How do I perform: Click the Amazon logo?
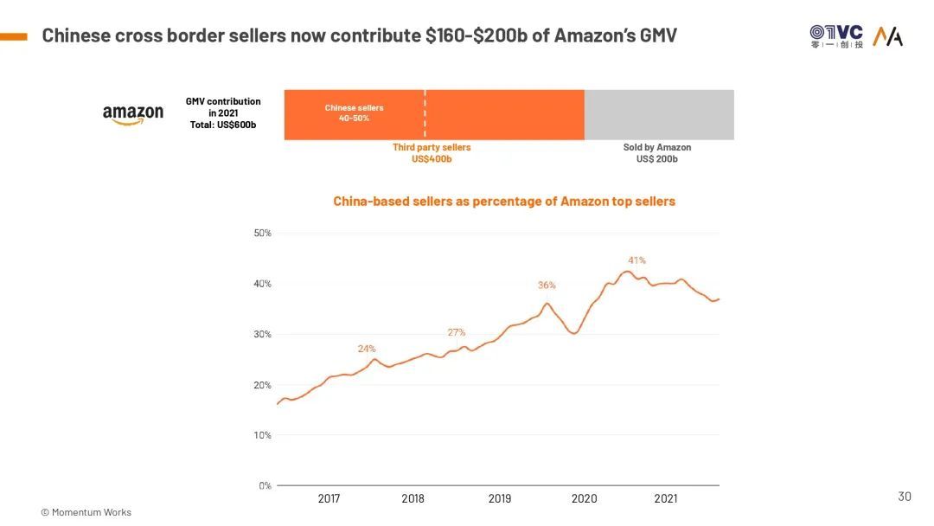pos(132,114)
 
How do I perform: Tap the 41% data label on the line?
pos(637,260)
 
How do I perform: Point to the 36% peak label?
pos(547,285)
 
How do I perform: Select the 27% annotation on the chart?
pos(457,332)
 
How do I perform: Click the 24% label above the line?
pos(367,349)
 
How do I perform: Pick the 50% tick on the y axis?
pos(262,234)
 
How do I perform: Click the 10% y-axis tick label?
pos(262,435)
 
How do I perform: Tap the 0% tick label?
pos(265,486)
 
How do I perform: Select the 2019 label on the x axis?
pos(500,499)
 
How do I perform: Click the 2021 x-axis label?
pos(666,499)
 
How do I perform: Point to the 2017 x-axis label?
pos(329,499)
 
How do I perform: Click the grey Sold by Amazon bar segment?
pos(659,114)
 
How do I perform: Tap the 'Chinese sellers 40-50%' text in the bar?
pos(354,112)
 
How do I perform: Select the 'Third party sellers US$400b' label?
pos(432,153)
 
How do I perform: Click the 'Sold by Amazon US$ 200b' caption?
pos(657,153)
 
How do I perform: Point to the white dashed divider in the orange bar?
pos(425,114)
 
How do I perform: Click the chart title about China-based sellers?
pos(504,202)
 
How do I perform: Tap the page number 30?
pos(905,497)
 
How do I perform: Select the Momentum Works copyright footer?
pos(86,512)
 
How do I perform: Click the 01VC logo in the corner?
pos(836,35)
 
